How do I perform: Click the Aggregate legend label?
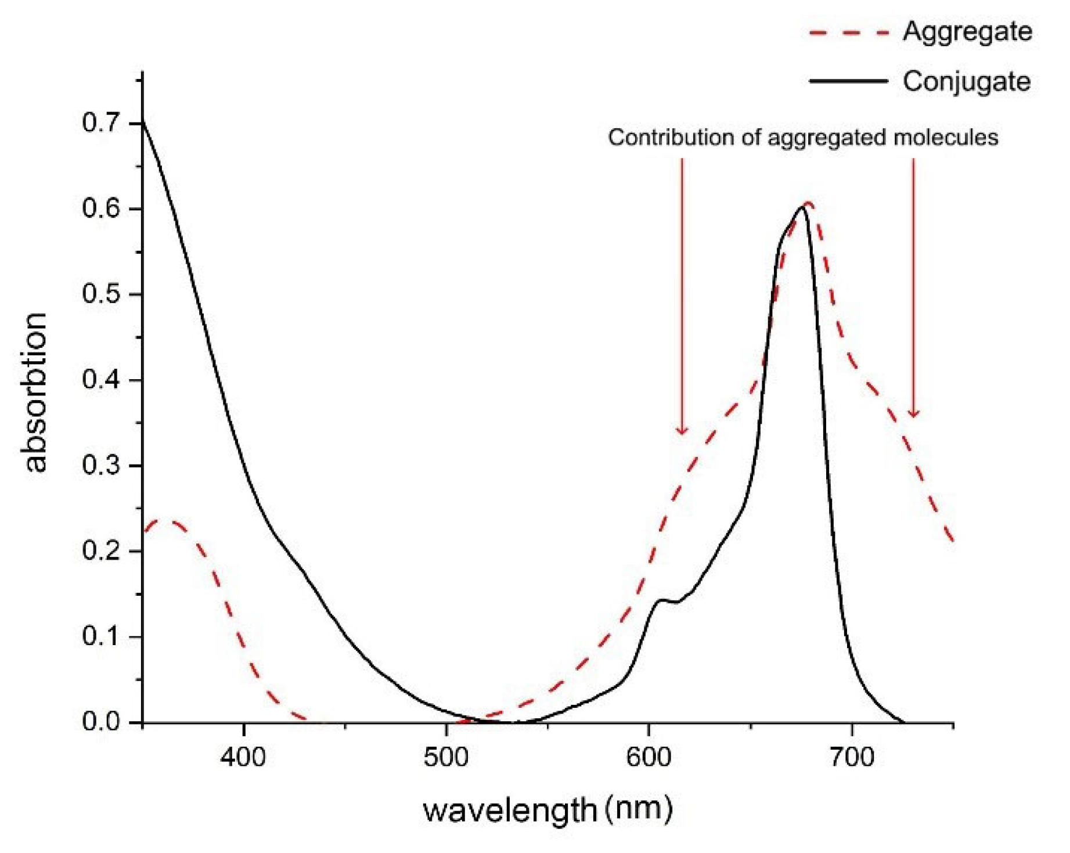click(967, 31)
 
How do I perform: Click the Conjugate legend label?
click(966, 81)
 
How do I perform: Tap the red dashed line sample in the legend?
click(849, 33)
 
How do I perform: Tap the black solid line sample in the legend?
click(849, 81)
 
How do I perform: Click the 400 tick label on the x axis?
click(243, 757)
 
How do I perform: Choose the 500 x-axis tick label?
click(446, 757)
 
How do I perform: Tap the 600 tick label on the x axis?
click(649, 757)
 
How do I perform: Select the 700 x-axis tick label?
click(852, 757)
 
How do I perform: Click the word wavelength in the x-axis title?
click(510, 811)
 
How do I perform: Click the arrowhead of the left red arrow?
click(682, 431)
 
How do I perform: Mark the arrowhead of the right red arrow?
click(913, 413)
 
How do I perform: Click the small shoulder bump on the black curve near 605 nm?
click(661, 600)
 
